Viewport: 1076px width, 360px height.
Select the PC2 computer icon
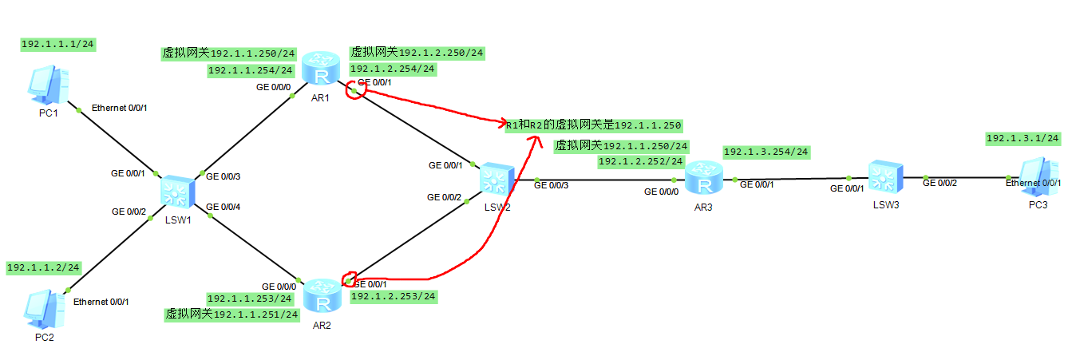44,309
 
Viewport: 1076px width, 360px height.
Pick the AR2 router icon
322,295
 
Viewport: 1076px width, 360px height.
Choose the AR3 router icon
704,178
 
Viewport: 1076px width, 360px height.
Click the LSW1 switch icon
177,192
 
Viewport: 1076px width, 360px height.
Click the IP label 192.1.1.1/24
58,45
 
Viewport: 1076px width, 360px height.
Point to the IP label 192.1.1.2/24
44,267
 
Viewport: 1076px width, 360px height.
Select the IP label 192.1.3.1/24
1023,138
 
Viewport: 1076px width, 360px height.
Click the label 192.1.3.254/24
765,152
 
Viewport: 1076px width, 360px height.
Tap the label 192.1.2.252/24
640,161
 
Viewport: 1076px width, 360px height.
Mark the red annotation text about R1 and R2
594,125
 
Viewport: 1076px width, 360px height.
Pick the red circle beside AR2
349,279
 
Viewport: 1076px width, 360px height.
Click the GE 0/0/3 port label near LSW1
223,176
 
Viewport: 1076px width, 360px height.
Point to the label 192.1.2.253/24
393,296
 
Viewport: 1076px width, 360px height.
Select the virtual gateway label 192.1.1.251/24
231,314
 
